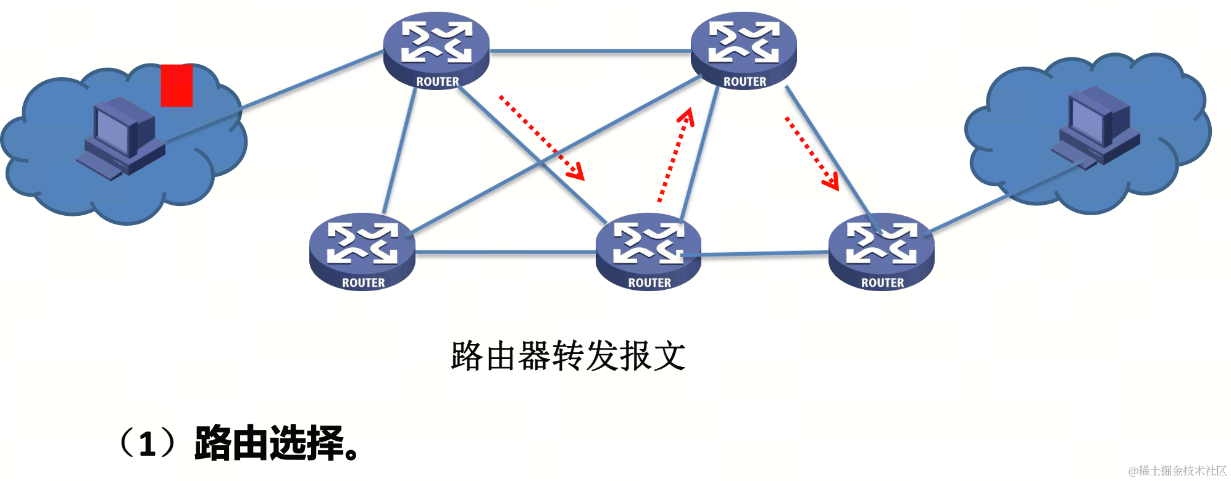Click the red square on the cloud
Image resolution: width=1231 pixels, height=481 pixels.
click(177, 86)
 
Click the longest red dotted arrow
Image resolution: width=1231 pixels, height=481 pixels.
click(541, 138)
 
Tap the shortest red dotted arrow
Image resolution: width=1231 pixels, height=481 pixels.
click(811, 152)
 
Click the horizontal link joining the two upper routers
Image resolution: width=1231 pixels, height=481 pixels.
click(590, 51)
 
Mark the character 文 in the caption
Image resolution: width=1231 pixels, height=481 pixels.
click(669, 356)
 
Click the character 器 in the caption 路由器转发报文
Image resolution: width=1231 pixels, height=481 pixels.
click(535, 356)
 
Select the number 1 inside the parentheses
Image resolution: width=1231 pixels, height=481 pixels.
click(147, 444)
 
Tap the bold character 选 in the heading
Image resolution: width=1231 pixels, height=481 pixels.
click(287, 443)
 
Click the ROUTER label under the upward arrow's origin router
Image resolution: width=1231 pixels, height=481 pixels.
click(649, 283)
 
